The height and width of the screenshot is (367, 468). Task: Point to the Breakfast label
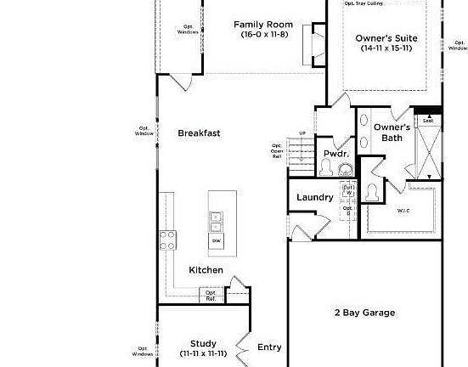point(199,133)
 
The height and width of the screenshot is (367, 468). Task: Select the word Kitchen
point(206,270)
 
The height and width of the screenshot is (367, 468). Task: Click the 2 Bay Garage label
point(364,313)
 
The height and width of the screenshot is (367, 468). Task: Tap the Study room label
point(203,343)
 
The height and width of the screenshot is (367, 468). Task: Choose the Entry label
point(269,347)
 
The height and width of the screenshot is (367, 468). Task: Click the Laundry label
point(313,198)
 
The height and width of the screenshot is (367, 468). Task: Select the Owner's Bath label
point(392,133)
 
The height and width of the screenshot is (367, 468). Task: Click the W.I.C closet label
point(403,211)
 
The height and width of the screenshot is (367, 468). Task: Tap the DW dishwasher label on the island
point(217,241)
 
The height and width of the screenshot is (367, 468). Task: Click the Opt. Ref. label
point(210,296)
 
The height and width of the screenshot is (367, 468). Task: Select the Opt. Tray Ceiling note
point(362,3)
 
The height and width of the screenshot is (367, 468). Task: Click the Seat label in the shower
point(428,121)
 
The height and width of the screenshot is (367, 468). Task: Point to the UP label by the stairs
point(302,133)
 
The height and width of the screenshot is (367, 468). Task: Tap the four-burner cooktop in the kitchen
point(166,240)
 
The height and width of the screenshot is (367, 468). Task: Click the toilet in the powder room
point(325,169)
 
